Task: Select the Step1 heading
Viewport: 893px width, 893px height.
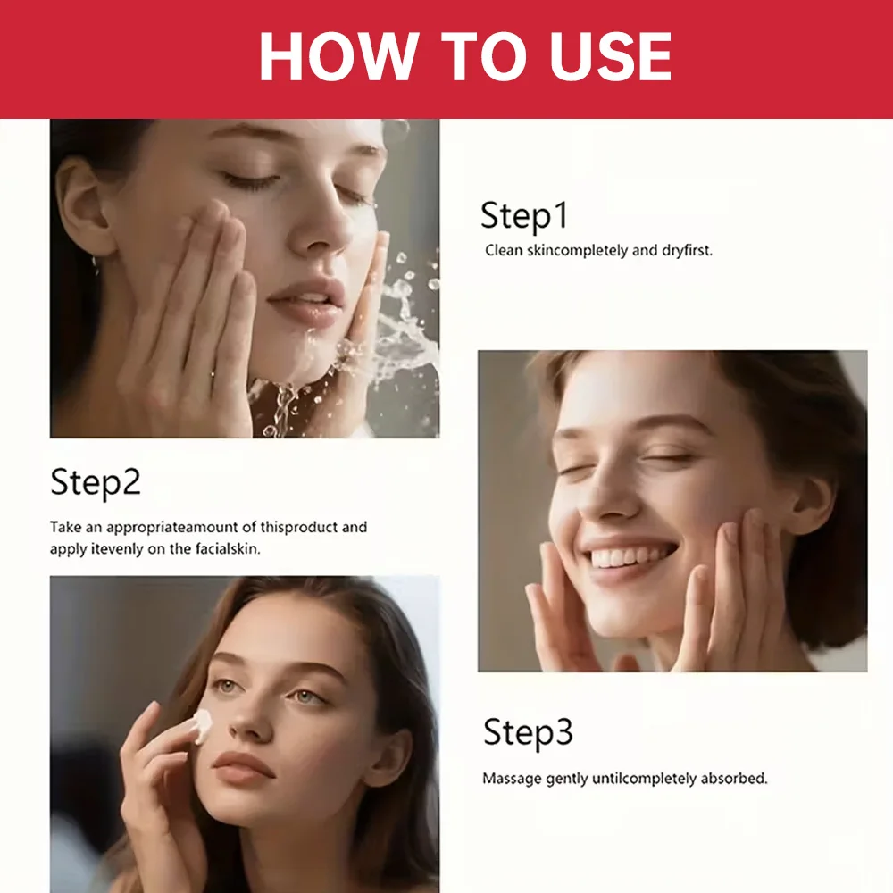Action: tap(524, 216)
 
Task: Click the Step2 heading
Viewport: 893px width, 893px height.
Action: tap(96, 482)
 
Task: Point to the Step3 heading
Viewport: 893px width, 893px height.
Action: tap(528, 732)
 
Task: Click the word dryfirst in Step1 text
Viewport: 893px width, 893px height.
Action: tap(687, 250)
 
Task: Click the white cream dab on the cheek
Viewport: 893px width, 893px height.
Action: tap(202, 725)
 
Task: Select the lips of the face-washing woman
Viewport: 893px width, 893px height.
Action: tap(307, 302)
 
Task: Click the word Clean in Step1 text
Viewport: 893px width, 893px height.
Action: tap(504, 250)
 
